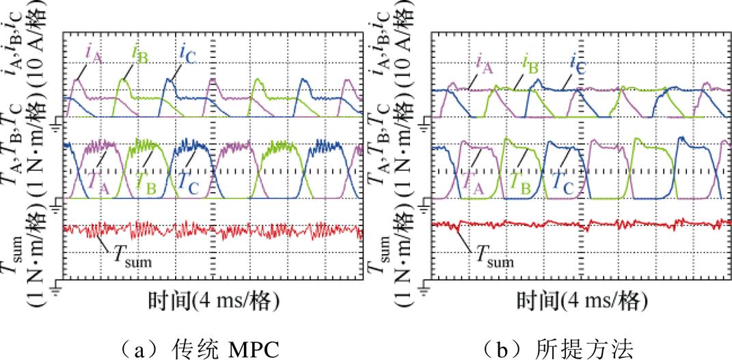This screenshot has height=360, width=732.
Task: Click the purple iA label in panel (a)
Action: tap(93, 53)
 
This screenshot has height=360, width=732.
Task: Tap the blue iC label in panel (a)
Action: tap(187, 53)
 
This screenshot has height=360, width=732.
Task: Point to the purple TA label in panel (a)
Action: tap(94, 181)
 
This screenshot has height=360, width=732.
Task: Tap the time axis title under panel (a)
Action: tap(213, 302)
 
